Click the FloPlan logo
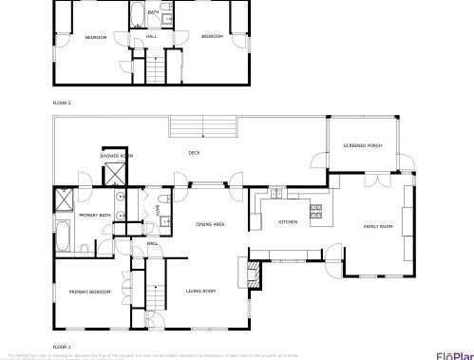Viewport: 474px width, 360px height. (x=453, y=355)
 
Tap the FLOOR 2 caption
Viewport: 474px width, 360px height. (x=62, y=101)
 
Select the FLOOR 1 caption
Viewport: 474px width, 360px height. (x=62, y=347)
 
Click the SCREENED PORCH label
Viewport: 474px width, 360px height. (x=362, y=145)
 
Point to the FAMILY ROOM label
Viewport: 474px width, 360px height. (x=378, y=226)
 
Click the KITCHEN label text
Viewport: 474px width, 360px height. (x=288, y=221)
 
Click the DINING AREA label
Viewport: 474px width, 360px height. (x=210, y=224)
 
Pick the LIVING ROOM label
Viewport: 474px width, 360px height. (x=200, y=291)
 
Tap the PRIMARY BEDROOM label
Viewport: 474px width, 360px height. (x=90, y=292)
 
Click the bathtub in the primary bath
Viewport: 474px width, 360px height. (x=65, y=235)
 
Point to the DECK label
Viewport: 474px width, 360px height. (x=194, y=153)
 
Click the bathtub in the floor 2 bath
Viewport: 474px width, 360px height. (x=138, y=14)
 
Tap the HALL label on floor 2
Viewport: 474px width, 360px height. (x=151, y=37)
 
